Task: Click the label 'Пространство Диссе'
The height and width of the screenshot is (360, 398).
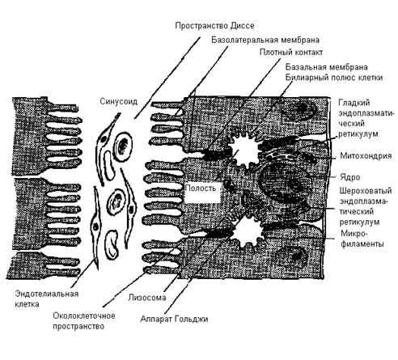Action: [x=214, y=26]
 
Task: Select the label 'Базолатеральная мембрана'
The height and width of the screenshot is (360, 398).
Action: [x=265, y=40]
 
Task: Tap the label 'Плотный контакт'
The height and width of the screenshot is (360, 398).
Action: [x=291, y=52]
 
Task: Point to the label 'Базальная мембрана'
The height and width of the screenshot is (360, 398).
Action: [x=327, y=66]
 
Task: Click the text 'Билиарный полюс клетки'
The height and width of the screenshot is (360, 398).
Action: [x=334, y=78]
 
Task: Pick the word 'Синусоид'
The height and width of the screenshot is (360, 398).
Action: [x=119, y=102]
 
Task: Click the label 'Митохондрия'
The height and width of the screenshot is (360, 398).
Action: [x=366, y=156]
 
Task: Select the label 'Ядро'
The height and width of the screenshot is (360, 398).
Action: [x=350, y=177]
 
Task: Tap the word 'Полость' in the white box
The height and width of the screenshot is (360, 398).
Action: [x=201, y=188]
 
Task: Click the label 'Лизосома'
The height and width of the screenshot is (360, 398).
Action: [x=147, y=298]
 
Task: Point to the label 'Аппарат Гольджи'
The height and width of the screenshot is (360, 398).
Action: [x=174, y=319]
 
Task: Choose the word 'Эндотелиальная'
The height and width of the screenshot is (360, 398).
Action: [x=47, y=294]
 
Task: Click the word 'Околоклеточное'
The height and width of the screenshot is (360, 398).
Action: [x=84, y=316]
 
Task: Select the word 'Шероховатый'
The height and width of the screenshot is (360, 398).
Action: [x=366, y=191]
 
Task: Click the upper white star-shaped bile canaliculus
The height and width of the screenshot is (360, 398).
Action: [x=246, y=148]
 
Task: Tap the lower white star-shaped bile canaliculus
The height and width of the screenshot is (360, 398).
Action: [x=249, y=231]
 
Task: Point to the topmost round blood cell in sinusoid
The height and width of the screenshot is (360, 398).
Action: [x=123, y=146]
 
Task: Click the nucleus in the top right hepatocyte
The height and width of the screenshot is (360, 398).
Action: [x=298, y=111]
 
